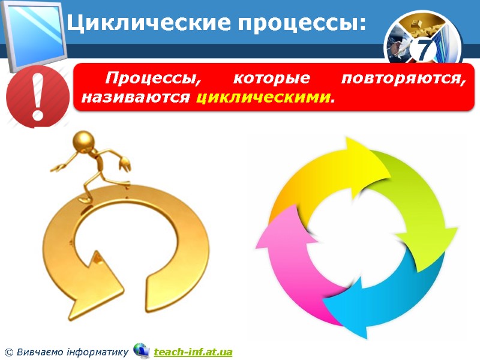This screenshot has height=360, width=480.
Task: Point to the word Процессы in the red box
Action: (150, 79)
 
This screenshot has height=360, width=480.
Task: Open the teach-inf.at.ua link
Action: (193, 351)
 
